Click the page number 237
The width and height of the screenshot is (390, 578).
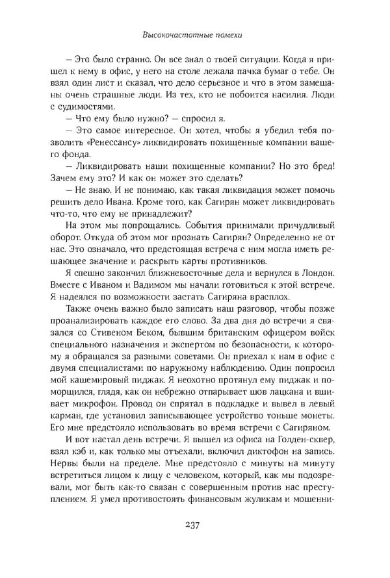point(195,526)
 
